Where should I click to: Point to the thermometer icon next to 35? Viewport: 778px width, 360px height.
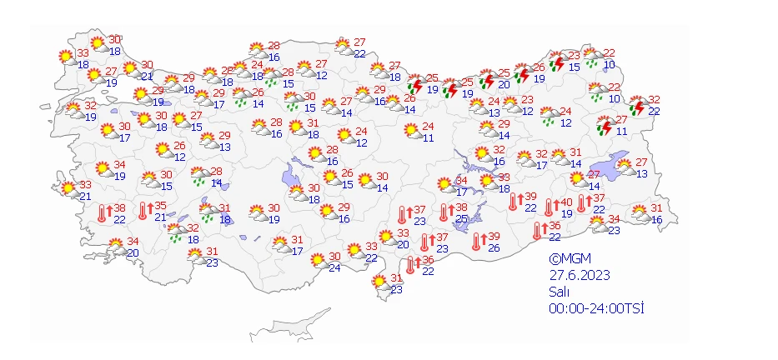[x=144, y=211]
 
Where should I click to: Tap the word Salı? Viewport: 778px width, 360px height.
[x=558, y=292]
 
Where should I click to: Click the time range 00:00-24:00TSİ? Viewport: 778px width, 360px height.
[x=597, y=308]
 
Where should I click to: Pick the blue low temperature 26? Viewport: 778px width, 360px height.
[x=494, y=247]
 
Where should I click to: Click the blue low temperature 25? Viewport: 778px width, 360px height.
[x=461, y=218]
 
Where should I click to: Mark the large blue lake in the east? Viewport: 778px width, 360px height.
[x=615, y=167]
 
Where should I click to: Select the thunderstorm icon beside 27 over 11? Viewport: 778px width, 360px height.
[x=605, y=126]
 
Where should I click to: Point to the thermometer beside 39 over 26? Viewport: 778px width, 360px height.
[x=477, y=242]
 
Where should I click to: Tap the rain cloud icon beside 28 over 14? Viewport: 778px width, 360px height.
[x=200, y=176]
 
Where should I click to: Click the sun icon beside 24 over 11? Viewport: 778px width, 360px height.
[x=411, y=132]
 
